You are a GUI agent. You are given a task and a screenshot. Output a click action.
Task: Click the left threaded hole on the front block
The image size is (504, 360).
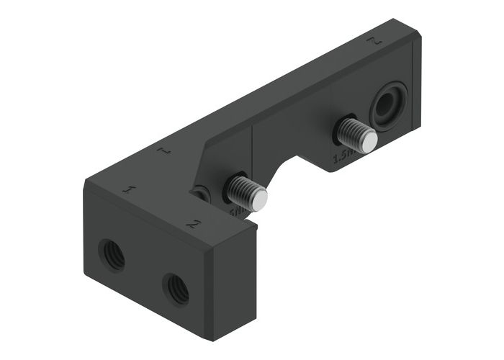(x=112, y=254)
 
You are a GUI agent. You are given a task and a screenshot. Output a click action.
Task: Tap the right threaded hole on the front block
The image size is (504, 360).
(x=175, y=288)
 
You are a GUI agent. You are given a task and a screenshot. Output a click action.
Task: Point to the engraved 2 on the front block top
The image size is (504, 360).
(x=192, y=222)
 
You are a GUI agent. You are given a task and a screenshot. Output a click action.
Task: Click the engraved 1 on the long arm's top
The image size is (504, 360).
(x=163, y=151)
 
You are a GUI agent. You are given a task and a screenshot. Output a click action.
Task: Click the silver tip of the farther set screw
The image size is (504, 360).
(x=368, y=142)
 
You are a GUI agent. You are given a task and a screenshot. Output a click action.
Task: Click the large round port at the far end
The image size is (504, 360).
(x=387, y=106)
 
